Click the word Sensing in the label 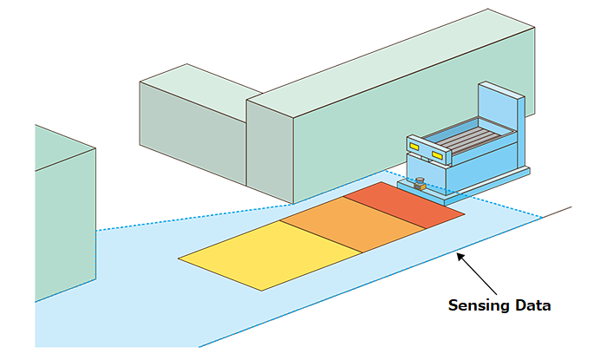pos(476,305)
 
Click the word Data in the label pos(531,305)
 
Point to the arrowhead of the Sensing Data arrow pos(460,255)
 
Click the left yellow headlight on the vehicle pos(414,148)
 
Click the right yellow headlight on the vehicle pos(436,155)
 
